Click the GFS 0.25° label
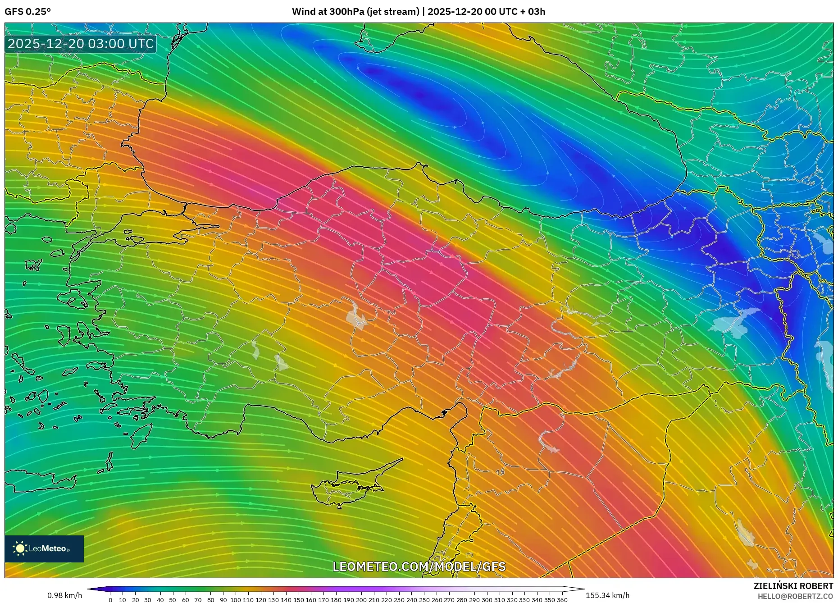(27, 12)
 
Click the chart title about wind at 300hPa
(418, 12)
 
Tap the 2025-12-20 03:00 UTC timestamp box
(81, 44)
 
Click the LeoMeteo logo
(44, 548)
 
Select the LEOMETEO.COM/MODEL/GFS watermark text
(419, 566)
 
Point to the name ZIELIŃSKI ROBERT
(793, 586)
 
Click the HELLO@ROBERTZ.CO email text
(795, 596)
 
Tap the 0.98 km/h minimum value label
(64, 595)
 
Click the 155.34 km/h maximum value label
(607, 595)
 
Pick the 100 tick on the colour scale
(236, 600)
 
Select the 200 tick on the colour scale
(361, 600)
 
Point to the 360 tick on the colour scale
(562, 600)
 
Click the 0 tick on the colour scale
(110, 600)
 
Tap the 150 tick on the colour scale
(298, 600)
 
